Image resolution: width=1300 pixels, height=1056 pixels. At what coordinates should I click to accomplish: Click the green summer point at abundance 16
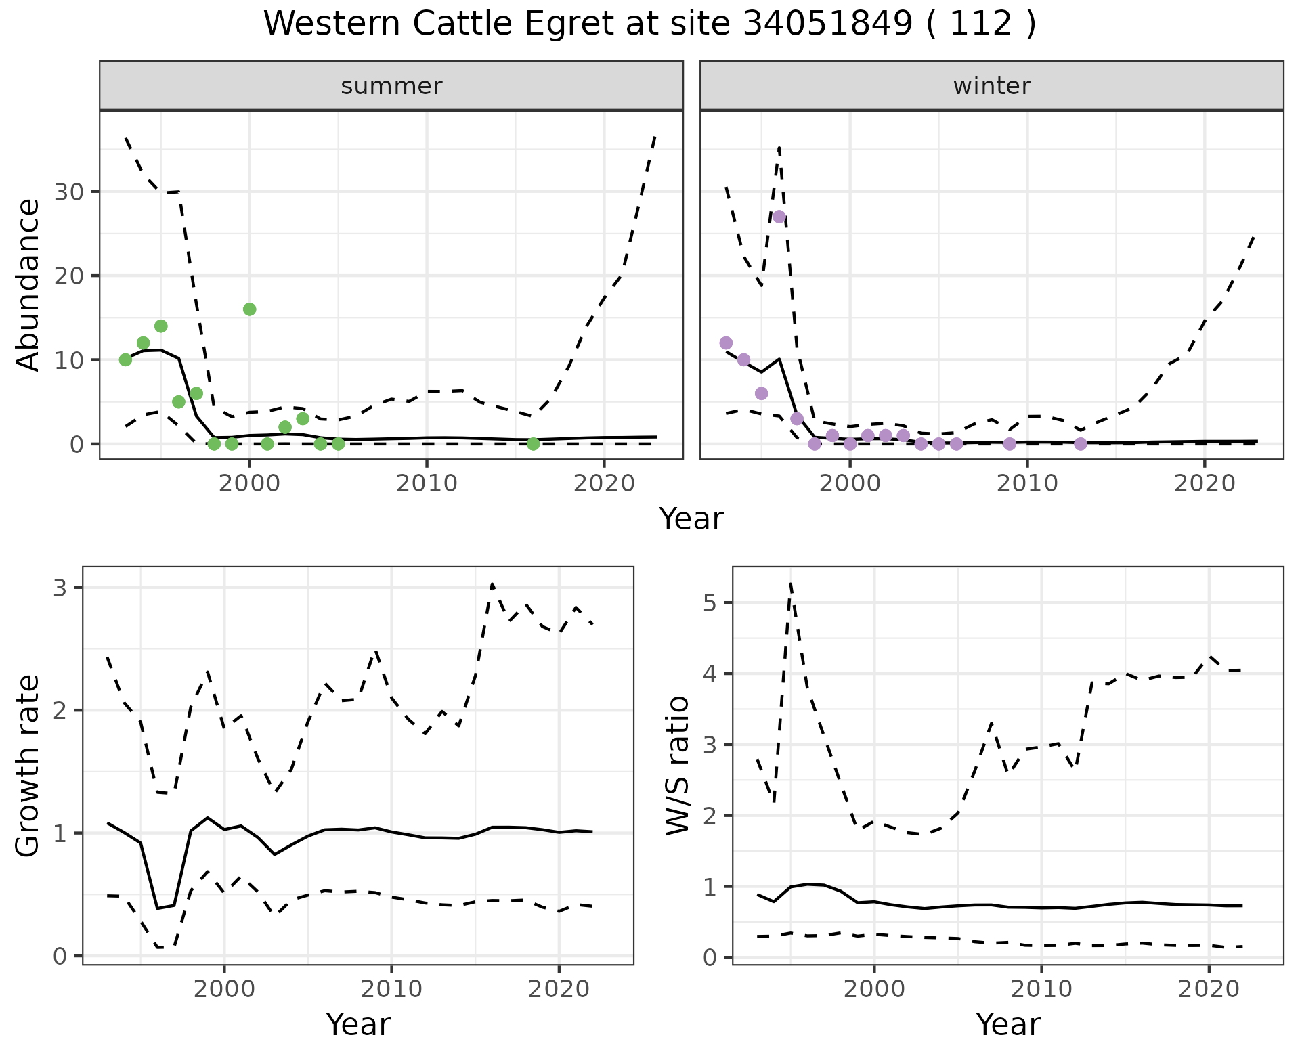pyautogui.click(x=249, y=309)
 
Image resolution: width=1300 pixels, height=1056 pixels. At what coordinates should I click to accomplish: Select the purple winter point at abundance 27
pyautogui.click(x=779, y=217)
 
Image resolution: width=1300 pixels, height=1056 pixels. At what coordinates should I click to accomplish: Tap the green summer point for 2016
pyautogui.click(x=533, y=444)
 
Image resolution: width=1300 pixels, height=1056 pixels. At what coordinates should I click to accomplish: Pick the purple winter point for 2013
pyautogui.click(x=1081, y=444)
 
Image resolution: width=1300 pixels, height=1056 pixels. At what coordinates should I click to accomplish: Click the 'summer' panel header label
pyautogui.click(x=391, y=86)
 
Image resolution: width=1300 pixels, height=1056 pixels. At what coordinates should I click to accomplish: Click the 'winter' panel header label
pyautogui.click(x=991, y=86)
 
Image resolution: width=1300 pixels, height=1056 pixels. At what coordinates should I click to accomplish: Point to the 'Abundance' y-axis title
pyautogui.click(x=28, y=284)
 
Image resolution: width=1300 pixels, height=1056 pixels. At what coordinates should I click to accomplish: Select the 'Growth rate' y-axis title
pyautogui.click(x=28, y=765)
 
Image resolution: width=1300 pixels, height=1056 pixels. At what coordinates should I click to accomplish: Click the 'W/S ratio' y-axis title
pyautogui.click(x=677, y=765)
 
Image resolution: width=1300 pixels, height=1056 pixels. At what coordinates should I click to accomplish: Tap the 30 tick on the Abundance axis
pyautogui.click(x=68, y=192)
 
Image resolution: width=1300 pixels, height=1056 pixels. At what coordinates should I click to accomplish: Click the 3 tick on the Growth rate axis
pyautogui.click(x=60, y=588)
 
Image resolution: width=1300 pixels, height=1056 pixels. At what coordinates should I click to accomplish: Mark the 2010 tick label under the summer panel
pyautogui.click(x=427, y=483)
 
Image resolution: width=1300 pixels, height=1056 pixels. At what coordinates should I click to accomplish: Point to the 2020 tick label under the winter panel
pyautogui.click(x=1205, y=483)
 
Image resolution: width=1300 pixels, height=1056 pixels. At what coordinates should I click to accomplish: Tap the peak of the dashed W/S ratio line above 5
pyautogui.click(x=791, y=583)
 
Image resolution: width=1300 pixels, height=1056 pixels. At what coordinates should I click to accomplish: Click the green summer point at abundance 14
pyautogui.click(x=160, y=326)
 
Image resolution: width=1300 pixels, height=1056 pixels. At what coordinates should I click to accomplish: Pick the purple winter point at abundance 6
pyautogui.click(x=761, y=393)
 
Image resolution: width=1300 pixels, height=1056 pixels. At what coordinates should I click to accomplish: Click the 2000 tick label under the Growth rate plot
pyautogui.click(x=224, y=989)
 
